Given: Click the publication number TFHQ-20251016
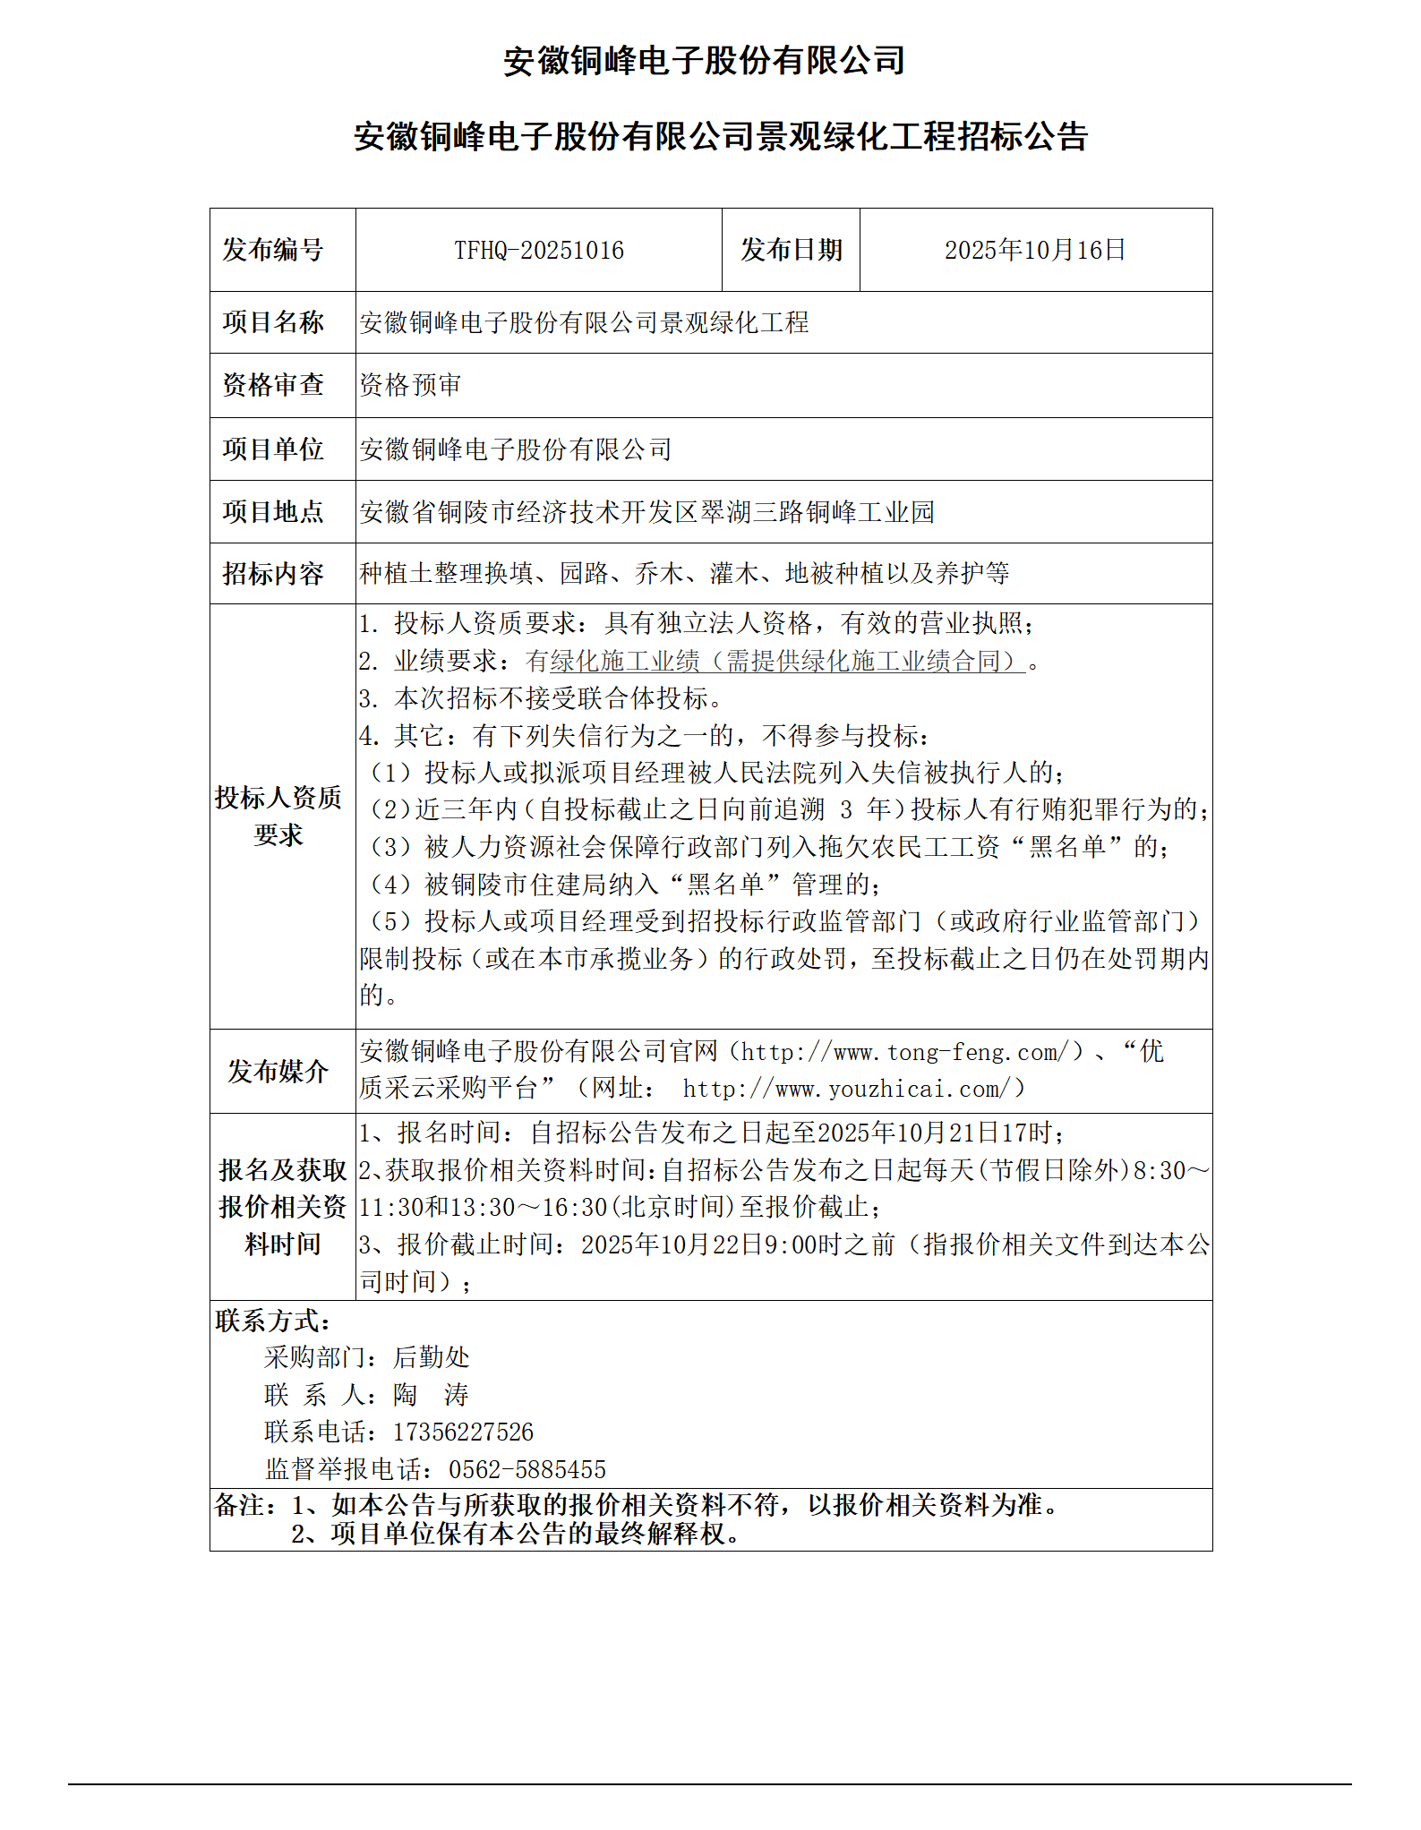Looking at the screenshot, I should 538,250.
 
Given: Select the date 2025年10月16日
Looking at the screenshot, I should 1034,250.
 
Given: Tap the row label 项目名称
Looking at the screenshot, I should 273,322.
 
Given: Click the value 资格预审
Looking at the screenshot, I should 410,385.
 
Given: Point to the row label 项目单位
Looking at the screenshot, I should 273,449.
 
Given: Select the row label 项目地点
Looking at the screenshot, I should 273,511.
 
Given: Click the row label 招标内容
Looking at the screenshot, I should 273,573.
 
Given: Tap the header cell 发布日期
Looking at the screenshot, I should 791,250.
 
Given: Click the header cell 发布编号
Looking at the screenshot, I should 273,250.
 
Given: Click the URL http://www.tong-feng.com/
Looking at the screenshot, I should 905,1052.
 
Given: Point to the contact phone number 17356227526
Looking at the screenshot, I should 463,1432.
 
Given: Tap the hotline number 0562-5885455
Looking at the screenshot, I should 527,1469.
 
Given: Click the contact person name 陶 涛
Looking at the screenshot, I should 431,1394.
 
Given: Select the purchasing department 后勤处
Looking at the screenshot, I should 432,1357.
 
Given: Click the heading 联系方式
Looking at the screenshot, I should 273,1320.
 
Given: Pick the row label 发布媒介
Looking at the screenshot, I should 278,1071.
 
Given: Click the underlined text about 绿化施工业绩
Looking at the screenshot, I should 775,661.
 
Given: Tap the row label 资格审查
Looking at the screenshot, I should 273,385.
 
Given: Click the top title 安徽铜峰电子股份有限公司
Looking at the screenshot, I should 704,61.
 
